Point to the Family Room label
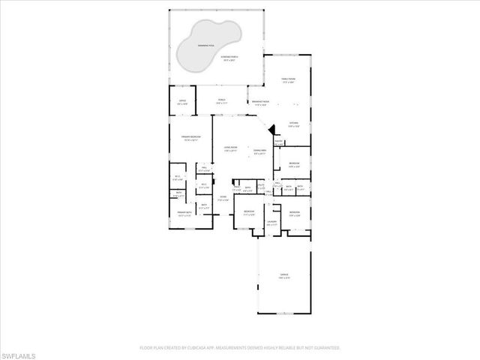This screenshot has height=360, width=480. point(287,80)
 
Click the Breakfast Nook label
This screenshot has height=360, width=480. point(261,104)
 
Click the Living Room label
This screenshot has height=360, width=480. point(230,148)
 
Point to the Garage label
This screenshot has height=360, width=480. point(284,277)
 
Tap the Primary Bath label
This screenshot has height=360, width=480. point(184,214)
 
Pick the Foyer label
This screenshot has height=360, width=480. point(223,198)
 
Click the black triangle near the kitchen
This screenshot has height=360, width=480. point(272,129)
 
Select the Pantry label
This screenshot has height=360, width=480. point(278,142)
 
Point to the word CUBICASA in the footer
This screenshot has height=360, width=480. point(186,348)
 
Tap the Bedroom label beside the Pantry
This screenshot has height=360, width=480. point(294,164)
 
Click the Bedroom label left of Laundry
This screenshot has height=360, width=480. point(248,213)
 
